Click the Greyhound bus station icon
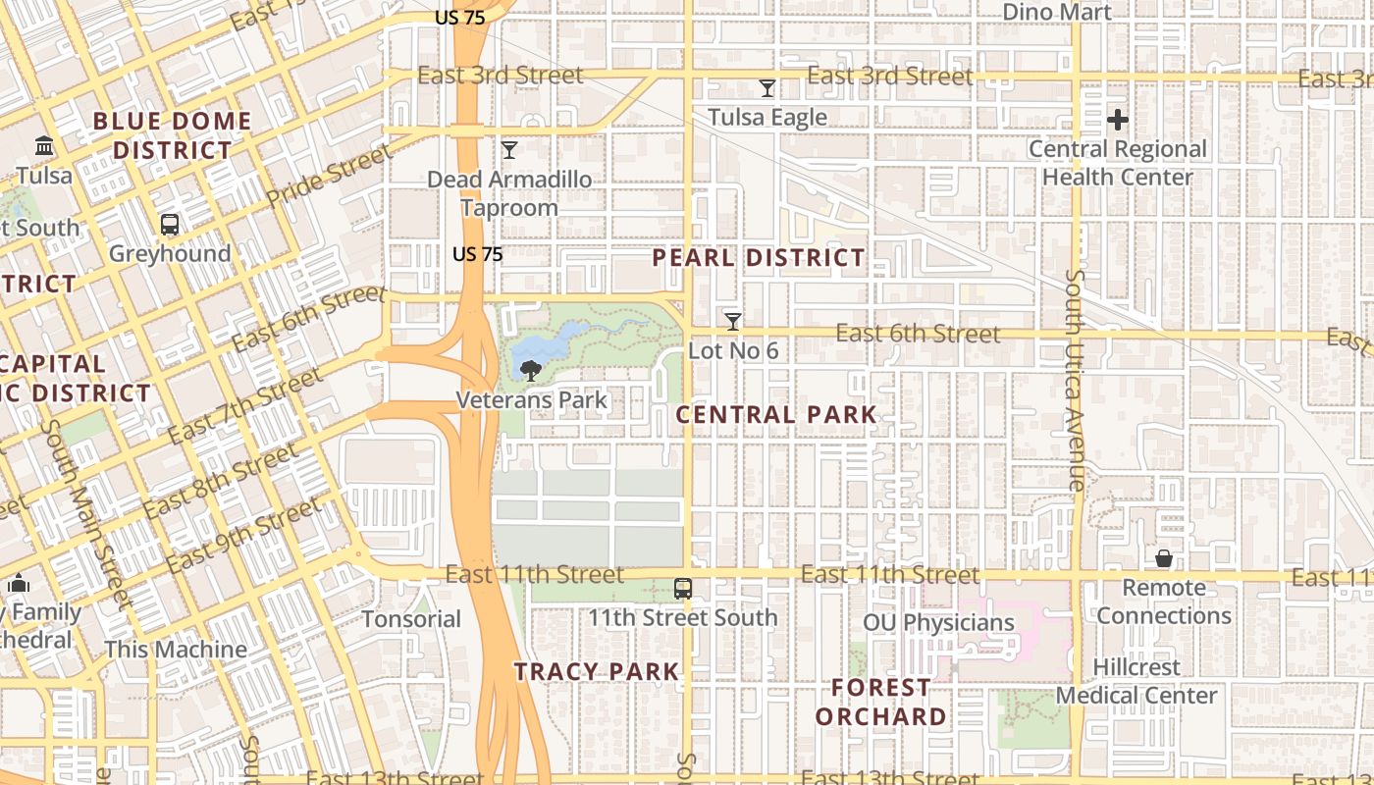pyautogui.click(x=170, y=225)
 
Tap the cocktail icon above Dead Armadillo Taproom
pyautogui.click(x=509, y=150)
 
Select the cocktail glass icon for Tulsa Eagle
pyautogui.click(x=767, y=88)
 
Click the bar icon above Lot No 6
pyautogui.click(x=732, y=321)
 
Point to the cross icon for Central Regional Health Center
pyautogui.click(x=1117, y=121)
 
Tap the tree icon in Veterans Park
pyautogui.click(x=531, y=371)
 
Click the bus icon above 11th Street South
pyautogui.click(x=683, y=589)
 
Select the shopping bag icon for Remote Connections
pyautogui.click(x=1163, y=558)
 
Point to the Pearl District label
pyautogui.click(x=759, y=258)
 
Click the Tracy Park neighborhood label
pyautogui.click(x=597, y=672)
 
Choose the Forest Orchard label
pyautogui.click(x=881, y=702)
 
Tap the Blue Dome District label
pyautogui.click(x=172, y=135)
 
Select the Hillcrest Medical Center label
pyautogui.click(x=1136, y=681)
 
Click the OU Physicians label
pyautogui.click(x=938, y=623)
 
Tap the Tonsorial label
pyautogui.click(x=411, y=619)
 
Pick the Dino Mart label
pyautogui.click(x=1056, y=13)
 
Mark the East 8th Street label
pyautogui.click(x=220, y=482)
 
